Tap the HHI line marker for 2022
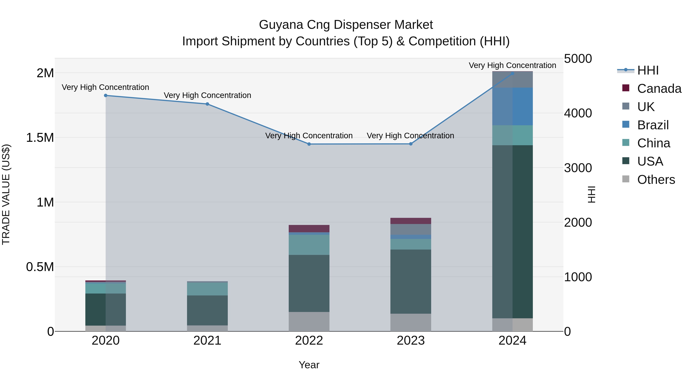pyautogui.click(x=309, y=144)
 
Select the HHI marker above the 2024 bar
pyautogui.click(x=512, y=73)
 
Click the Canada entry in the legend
pyautogui.click(x=659, y=89)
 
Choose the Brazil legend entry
pyautogui.click(x=653, y=125)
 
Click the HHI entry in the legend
pyautogui.click(x=648, y=70)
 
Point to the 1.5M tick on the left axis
pyautogui.click(x=40, y=138)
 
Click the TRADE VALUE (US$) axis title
pyautogui.click(x=6, y=194)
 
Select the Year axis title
pyautogui.click(x=309, y=365)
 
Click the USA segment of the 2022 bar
pyautogui.click(x=309, y=283)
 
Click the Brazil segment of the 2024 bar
pyautogui.click(x=512, y=106)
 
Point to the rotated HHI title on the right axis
pyautogui.click(x=591, y=194)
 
